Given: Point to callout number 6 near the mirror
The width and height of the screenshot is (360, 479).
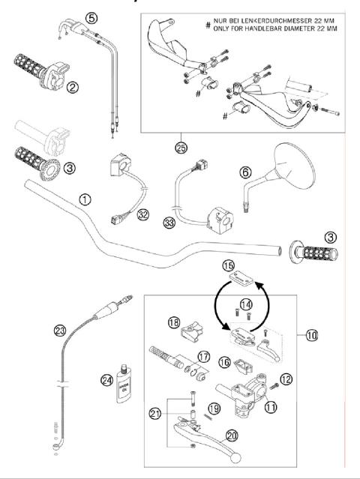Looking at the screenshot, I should click(x=245, y=171).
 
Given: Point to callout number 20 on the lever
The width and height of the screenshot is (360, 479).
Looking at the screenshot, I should click(x=232, y=434).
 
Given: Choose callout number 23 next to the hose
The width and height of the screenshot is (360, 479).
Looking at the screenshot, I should click(x=60, y=329).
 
